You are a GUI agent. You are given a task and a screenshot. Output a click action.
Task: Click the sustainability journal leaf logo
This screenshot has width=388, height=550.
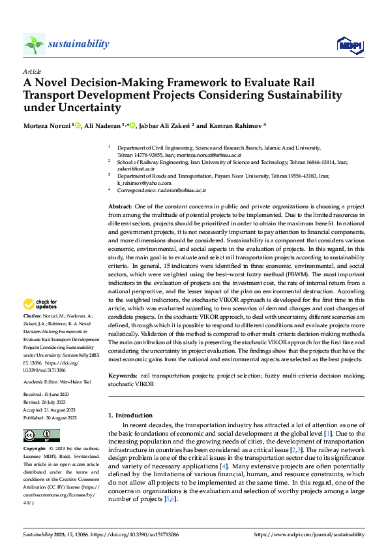35,44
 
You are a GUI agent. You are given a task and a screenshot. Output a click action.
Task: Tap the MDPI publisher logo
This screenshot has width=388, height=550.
350,44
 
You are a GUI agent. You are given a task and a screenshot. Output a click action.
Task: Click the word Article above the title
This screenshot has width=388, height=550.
32,71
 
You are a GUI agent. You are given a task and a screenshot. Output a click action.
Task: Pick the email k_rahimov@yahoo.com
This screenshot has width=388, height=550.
140,184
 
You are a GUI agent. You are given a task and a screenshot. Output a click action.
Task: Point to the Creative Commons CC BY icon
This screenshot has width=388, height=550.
42,436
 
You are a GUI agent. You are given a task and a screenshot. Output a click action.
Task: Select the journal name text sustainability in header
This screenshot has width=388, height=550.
78,44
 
